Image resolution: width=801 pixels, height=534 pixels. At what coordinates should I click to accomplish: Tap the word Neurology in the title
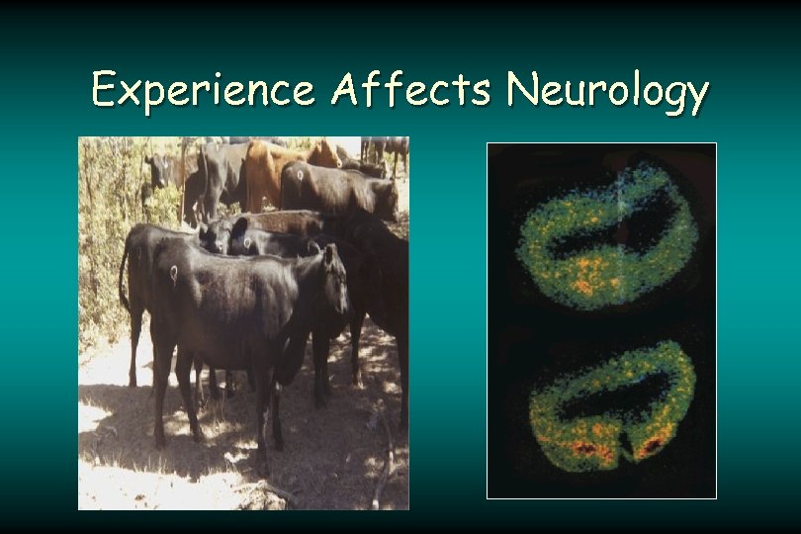[x=607, y=92]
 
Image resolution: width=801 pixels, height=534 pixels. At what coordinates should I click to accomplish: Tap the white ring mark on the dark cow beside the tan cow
[x=300, y=176]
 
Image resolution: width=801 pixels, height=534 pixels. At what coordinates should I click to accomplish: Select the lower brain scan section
[x=610, y=405]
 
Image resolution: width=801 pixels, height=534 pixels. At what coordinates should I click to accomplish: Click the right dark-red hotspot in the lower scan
[x=652, y=448]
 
